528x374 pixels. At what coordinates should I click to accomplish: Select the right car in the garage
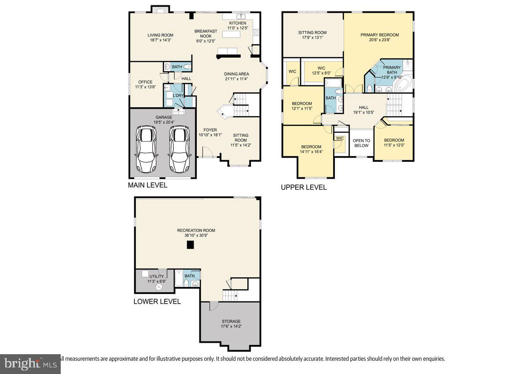pyautogui.click(x=179, y=149)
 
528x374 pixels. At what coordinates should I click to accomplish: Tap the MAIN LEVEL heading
pyautogui.click(x=147, y=185)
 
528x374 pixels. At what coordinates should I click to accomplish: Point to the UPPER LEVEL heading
pyautogui.click(x=304, y=187)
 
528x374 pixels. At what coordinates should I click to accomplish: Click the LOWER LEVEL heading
pyautogui.click(x=157, y=301)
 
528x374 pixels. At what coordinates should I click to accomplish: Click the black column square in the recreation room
pyautogui.click(x=190, y=246)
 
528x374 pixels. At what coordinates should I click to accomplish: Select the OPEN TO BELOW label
pyautogui.click(x=361, y=143)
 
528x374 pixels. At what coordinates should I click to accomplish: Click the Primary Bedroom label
pyautogui.click(x=379, y=35)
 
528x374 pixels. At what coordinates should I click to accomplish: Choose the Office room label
pyautogui.click(x=145, y=82)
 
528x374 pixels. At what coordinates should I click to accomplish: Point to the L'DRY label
pyautogui.click(x=178, y=95)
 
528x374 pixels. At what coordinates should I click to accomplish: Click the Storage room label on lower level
pyautogui.click(x=230, y=321)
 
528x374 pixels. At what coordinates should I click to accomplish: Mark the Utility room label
pyautogui.click(x=156, y=276)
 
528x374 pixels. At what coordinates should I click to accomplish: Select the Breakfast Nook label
pyautogui.click(x=206, y=33)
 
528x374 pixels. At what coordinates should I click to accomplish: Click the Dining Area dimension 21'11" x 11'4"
pyautogui.click(x=237, y=79)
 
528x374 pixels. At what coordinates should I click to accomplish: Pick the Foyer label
pyautogui.click(x=210, y=130)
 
